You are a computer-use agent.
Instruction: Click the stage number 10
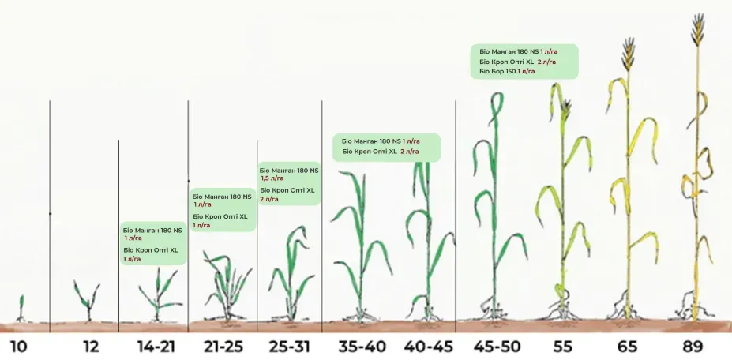click(18, 347)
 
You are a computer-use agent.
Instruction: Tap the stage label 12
click(91, 347)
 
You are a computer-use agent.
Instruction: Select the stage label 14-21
click(156, 347)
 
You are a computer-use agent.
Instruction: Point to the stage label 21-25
click(223, 347)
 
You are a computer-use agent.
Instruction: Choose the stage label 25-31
click(289, 347)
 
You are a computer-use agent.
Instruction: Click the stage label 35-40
click(362, 347)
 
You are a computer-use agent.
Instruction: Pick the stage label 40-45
click(429, 347)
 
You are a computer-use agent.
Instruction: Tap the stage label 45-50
click(497, 347)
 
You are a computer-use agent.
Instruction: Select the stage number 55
click(562, 347)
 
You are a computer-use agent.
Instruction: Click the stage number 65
click(627, 347)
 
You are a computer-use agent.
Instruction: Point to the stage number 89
click(693, 347)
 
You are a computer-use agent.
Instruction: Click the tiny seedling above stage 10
click(21, 308)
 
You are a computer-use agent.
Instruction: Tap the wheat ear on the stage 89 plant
click(697, 30)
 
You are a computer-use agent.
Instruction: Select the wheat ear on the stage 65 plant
click(629, 54)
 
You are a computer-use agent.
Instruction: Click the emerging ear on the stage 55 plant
click(566, 111)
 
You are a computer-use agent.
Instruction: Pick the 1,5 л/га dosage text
click(272, 178)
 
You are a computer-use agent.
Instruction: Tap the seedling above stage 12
click(88, 301)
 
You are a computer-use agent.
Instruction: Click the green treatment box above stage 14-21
click(154, 243)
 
